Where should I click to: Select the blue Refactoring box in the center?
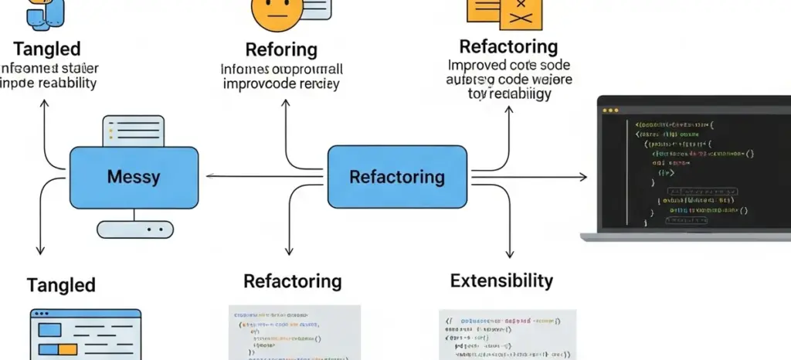point(396,177)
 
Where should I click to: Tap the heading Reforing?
point(281,50)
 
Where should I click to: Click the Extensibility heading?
point(501,280)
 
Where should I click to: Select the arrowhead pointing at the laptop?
point(582,178)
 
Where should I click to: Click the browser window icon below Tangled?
point(85,334)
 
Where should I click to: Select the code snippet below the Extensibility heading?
point(508,335)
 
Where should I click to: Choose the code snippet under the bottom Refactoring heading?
point(294,333)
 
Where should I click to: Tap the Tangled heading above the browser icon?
point(61,284)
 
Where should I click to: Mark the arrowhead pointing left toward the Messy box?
point(209,177)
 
